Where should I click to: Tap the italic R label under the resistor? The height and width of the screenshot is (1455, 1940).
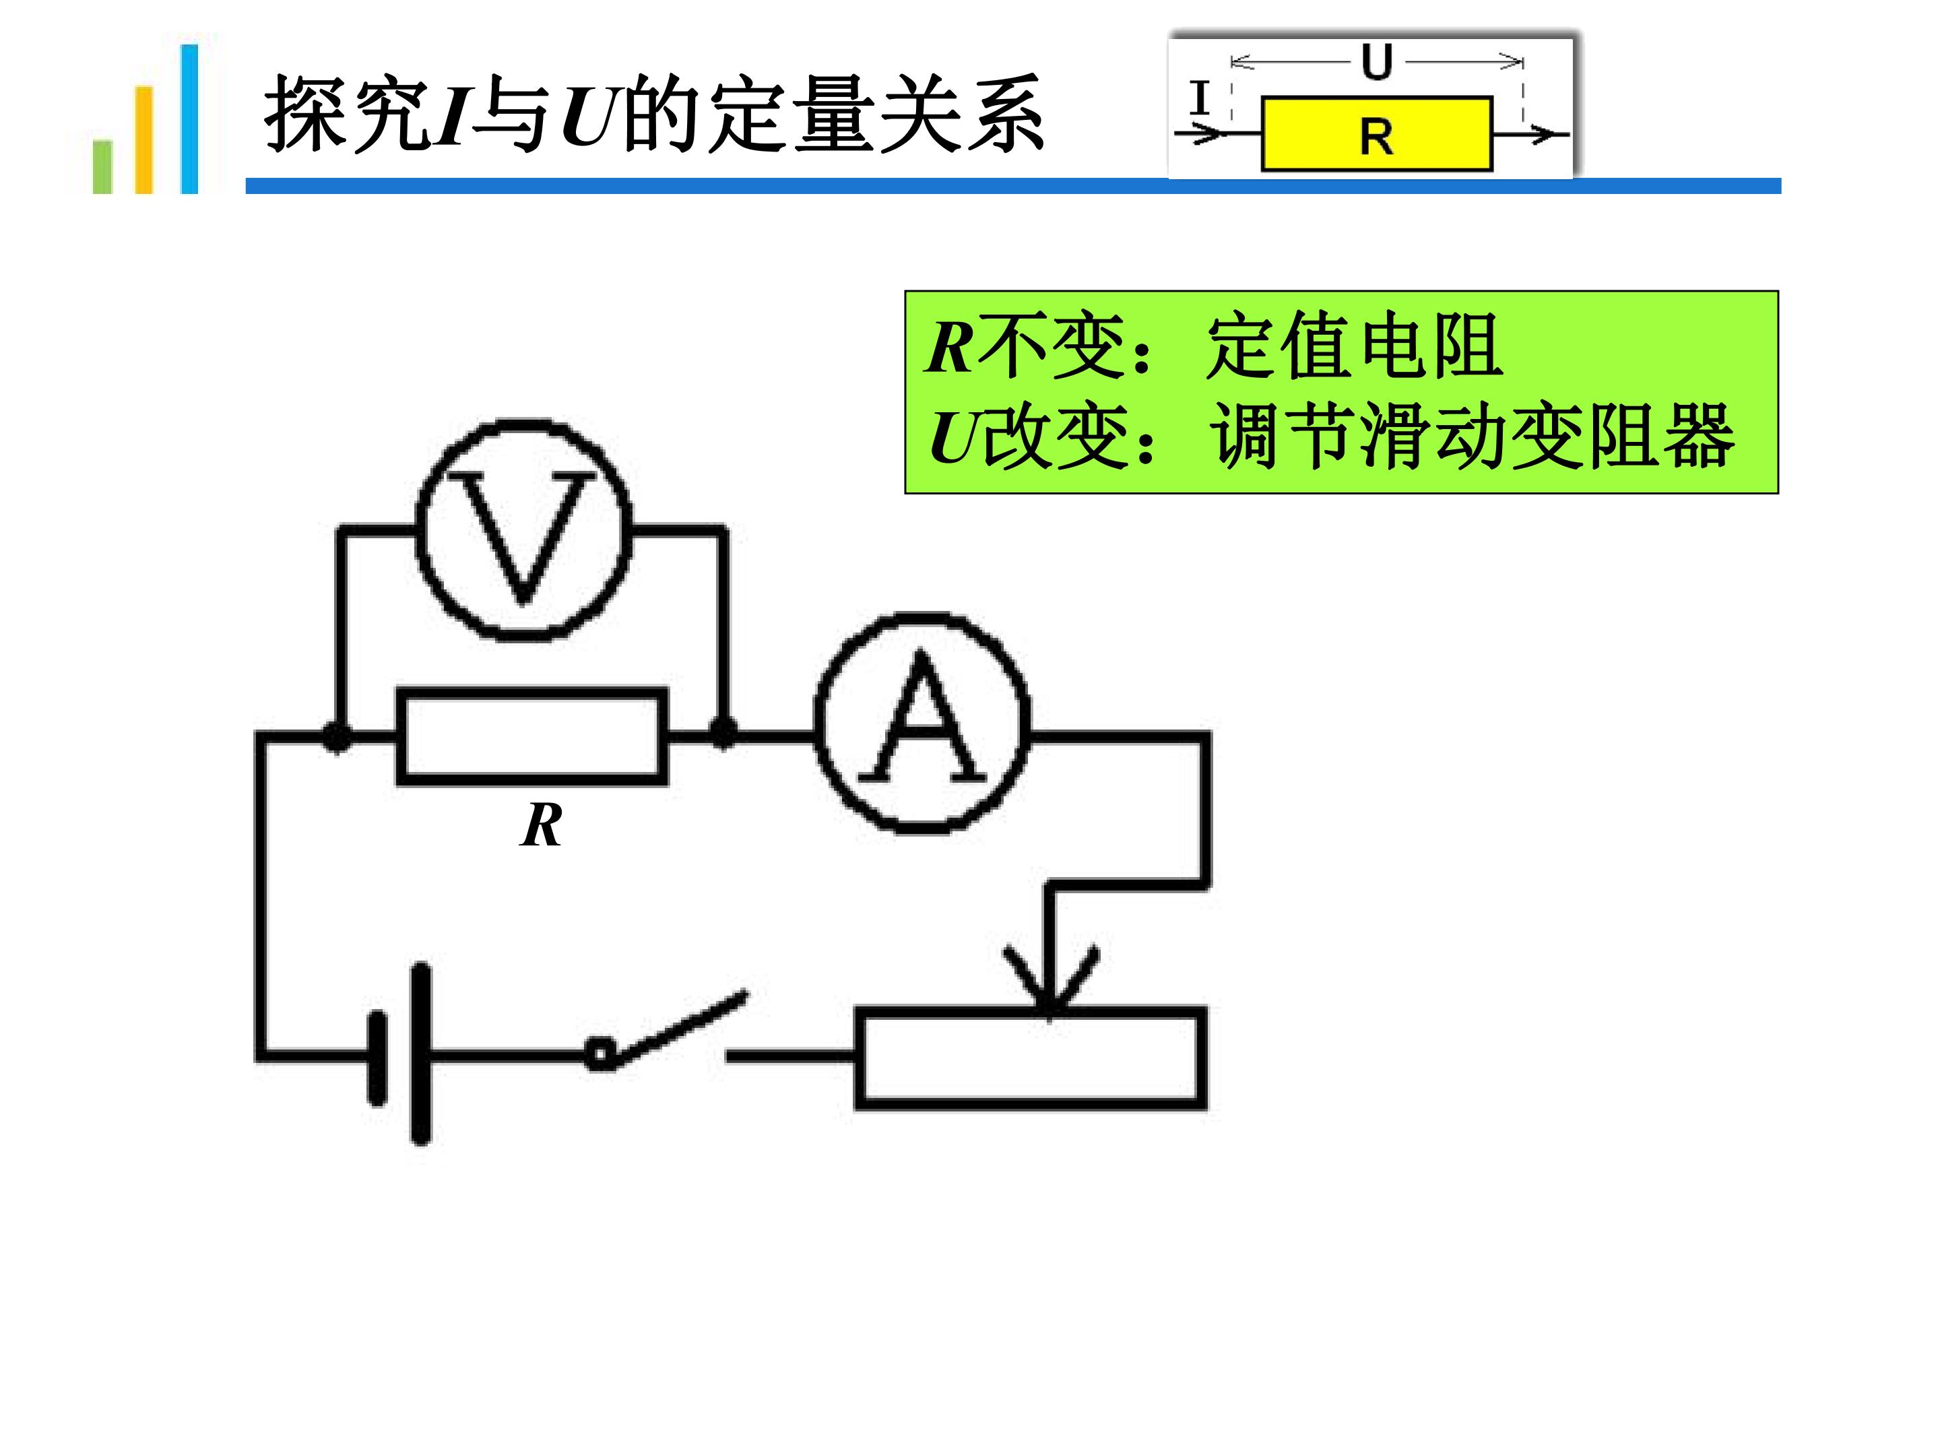[x=541, y=825]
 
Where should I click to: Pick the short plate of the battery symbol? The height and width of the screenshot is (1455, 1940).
[x=378, y=1059]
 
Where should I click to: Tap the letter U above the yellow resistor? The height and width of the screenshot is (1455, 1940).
[x=1376, y=62]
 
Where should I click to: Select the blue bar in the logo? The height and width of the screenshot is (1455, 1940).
[x=189, y=119]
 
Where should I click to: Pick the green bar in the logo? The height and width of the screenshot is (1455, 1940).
[x=102, y=166]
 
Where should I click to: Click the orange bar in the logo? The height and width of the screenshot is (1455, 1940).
[x=144, y=139]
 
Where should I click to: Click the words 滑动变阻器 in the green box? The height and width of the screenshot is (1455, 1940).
[x=1547, y=436]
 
